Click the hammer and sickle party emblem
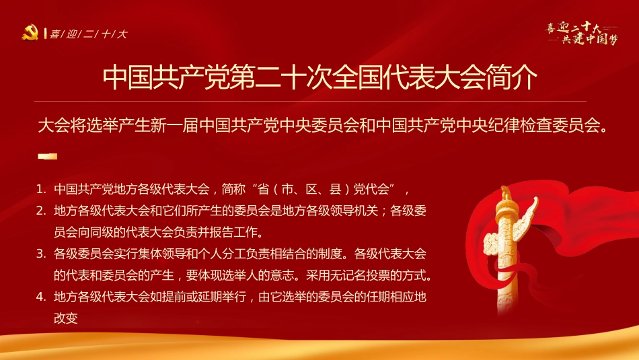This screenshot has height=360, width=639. (x=30, y=32)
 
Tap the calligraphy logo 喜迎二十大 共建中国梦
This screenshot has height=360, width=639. (x=582, y=32)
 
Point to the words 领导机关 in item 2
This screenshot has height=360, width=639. (x=334, y=211)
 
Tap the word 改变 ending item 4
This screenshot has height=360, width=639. (x=66, y=318)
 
